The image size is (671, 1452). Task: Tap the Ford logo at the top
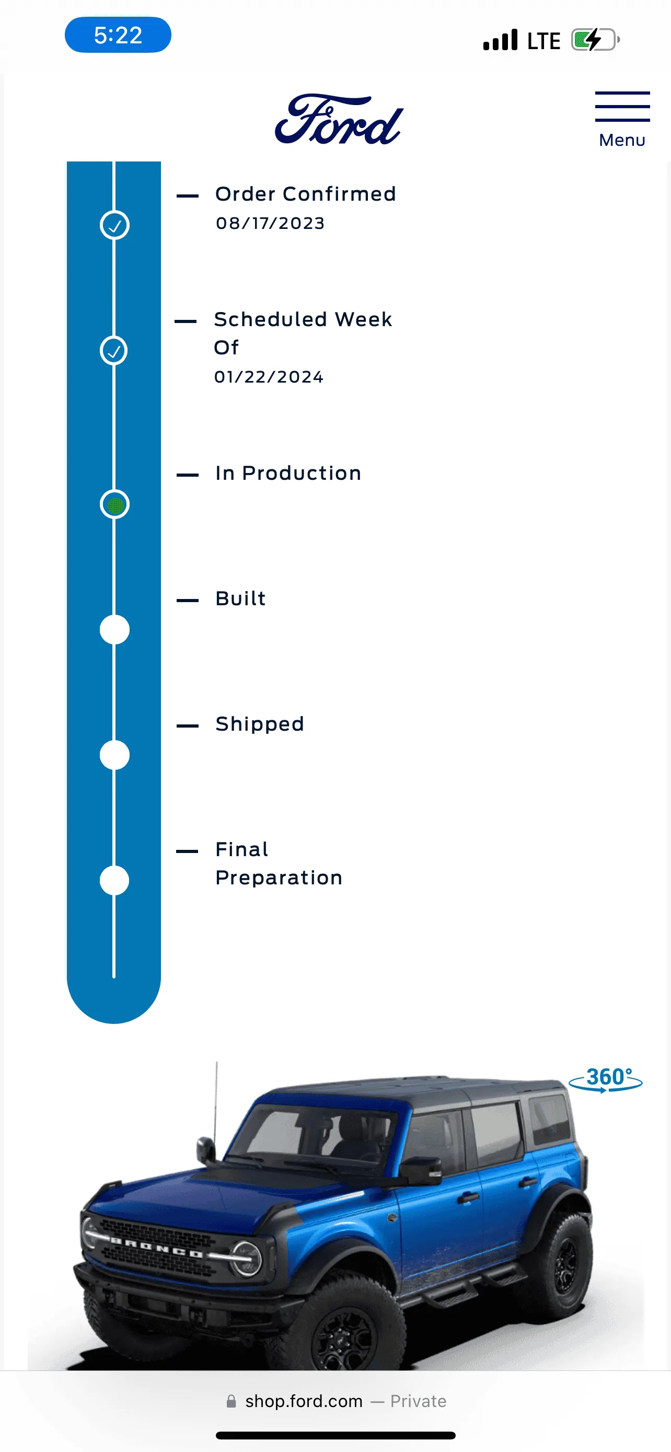[339, 119]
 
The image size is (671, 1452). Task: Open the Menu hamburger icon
[622, 107]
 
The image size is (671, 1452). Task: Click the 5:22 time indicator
[118, 35]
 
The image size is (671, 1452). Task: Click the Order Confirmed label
[306, 194]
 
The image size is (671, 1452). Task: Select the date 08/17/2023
[270, 223]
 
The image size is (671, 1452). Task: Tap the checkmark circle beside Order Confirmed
[114, 225]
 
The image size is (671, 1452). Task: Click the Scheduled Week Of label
[303, 333]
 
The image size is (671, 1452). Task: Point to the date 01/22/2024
[269, 376]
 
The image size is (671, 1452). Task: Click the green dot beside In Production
[115, 504]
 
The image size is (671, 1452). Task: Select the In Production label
[288, 473]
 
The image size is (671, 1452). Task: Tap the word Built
[240, 598]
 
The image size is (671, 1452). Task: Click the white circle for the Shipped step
[114, 755]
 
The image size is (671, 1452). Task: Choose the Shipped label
[260, 724]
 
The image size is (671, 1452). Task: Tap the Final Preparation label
[279, 863]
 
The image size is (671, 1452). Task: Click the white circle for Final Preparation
[114, 880]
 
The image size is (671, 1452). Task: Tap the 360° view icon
[606, 1079]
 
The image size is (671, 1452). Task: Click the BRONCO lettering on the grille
[157, 1248]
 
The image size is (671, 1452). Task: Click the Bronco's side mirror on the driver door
[421, 1170]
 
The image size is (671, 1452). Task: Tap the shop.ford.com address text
[304, 1401]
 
